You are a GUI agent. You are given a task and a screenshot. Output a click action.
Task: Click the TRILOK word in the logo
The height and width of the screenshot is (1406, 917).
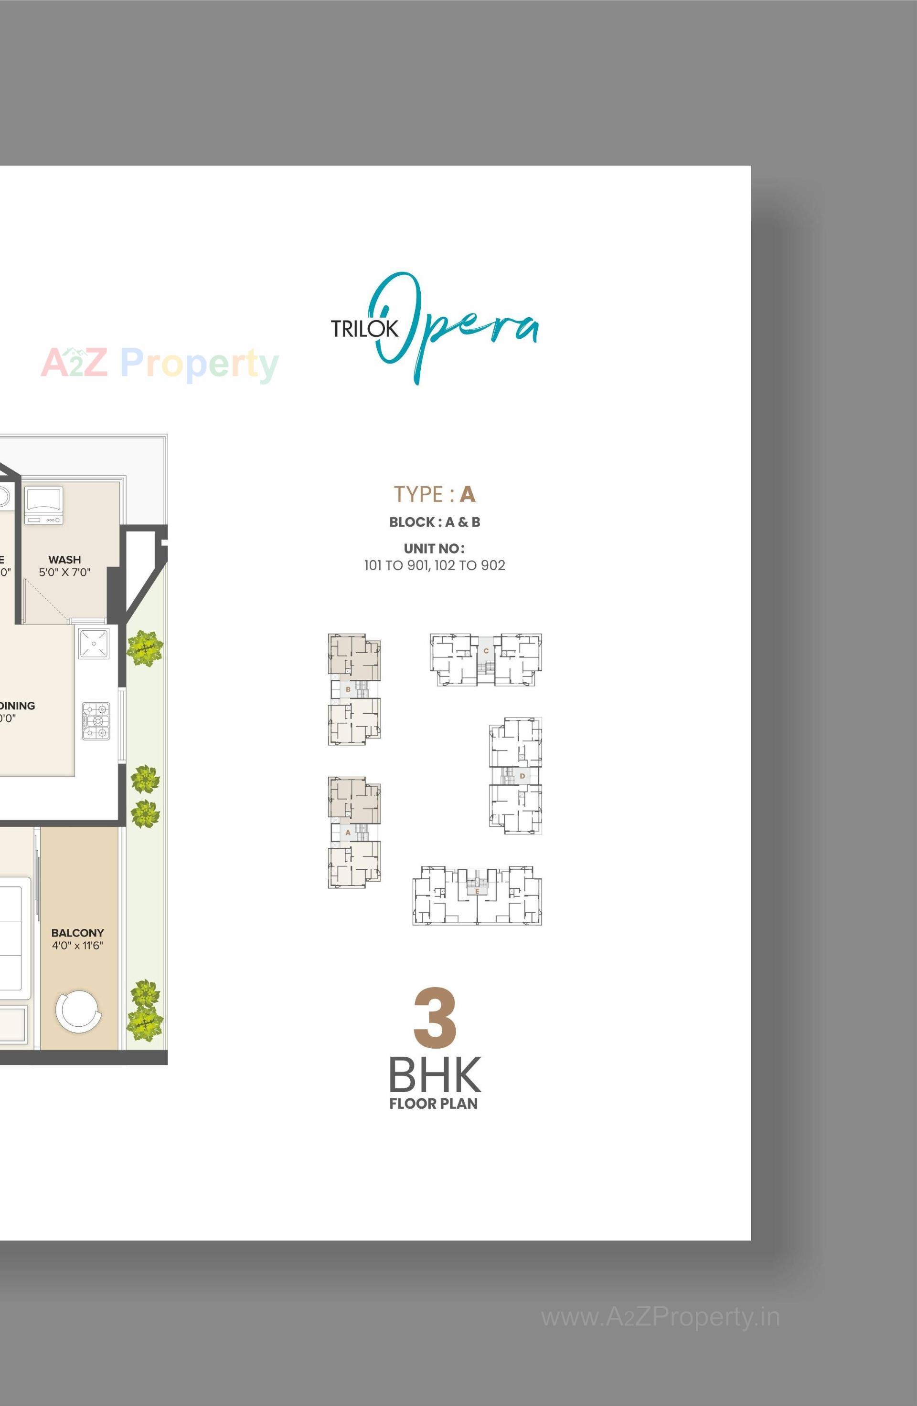tap(364, 329)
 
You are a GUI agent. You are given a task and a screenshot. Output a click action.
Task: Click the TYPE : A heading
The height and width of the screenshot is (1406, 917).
tap(435, 494)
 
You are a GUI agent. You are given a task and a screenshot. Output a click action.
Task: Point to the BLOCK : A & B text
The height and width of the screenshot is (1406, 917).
tap(435, 522)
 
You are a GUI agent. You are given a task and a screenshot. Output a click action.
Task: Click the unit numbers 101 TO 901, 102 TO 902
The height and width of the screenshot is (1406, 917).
tap(435, 565)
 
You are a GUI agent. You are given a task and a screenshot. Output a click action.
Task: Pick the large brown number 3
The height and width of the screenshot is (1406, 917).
tap(435, 1017)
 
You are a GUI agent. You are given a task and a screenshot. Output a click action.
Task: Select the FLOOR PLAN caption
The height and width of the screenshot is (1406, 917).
tap(433, 1104)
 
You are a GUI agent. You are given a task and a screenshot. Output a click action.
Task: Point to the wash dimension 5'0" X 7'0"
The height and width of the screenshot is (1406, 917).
tap(64, 573)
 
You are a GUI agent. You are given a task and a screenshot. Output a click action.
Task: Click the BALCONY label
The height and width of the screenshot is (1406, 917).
tap(77, 933)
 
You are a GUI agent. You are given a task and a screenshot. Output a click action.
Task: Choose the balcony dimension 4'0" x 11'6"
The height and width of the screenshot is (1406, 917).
tap(77, 946)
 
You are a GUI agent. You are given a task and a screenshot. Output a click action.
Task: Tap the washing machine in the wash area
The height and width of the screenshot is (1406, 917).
tap(43, 505)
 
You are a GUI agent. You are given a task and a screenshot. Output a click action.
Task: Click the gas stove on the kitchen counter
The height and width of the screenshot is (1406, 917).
tap(96, 721)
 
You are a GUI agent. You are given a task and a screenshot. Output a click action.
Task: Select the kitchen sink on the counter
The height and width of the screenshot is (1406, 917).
tap(94, 643)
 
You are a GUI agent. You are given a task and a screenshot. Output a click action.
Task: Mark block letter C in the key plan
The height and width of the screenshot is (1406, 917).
tap(486, 650)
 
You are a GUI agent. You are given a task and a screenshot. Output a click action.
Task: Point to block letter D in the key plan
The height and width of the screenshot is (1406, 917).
tap(522, 776)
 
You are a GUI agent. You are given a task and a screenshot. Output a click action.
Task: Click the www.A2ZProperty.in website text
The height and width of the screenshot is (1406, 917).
tap(661, 1317)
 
